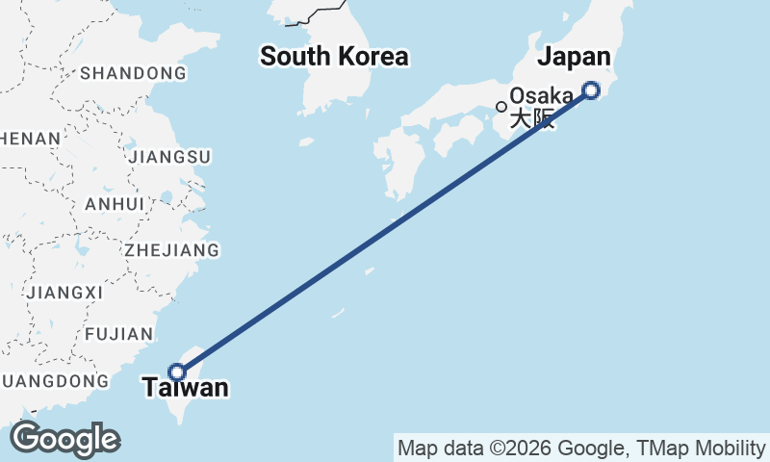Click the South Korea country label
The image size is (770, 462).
[334, 57]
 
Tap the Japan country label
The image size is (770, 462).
[574, 57]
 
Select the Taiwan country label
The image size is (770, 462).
[186, 388]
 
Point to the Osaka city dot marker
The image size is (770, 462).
[501, 106]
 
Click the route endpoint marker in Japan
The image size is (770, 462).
[591, 90]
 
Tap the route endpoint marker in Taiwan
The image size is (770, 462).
[177, 372]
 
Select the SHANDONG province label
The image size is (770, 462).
[133, 73]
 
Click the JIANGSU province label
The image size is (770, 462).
[168, 156]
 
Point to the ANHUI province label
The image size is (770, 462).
[115, 204]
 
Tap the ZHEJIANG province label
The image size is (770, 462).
[171, 250]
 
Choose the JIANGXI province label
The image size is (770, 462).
[65, 292]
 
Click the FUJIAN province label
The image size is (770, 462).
[119, 334]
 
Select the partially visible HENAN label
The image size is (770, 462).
[30, 139]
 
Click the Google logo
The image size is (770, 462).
[64, 439]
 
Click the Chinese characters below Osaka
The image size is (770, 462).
[532, 120]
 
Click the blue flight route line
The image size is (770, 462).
[385, 231]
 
